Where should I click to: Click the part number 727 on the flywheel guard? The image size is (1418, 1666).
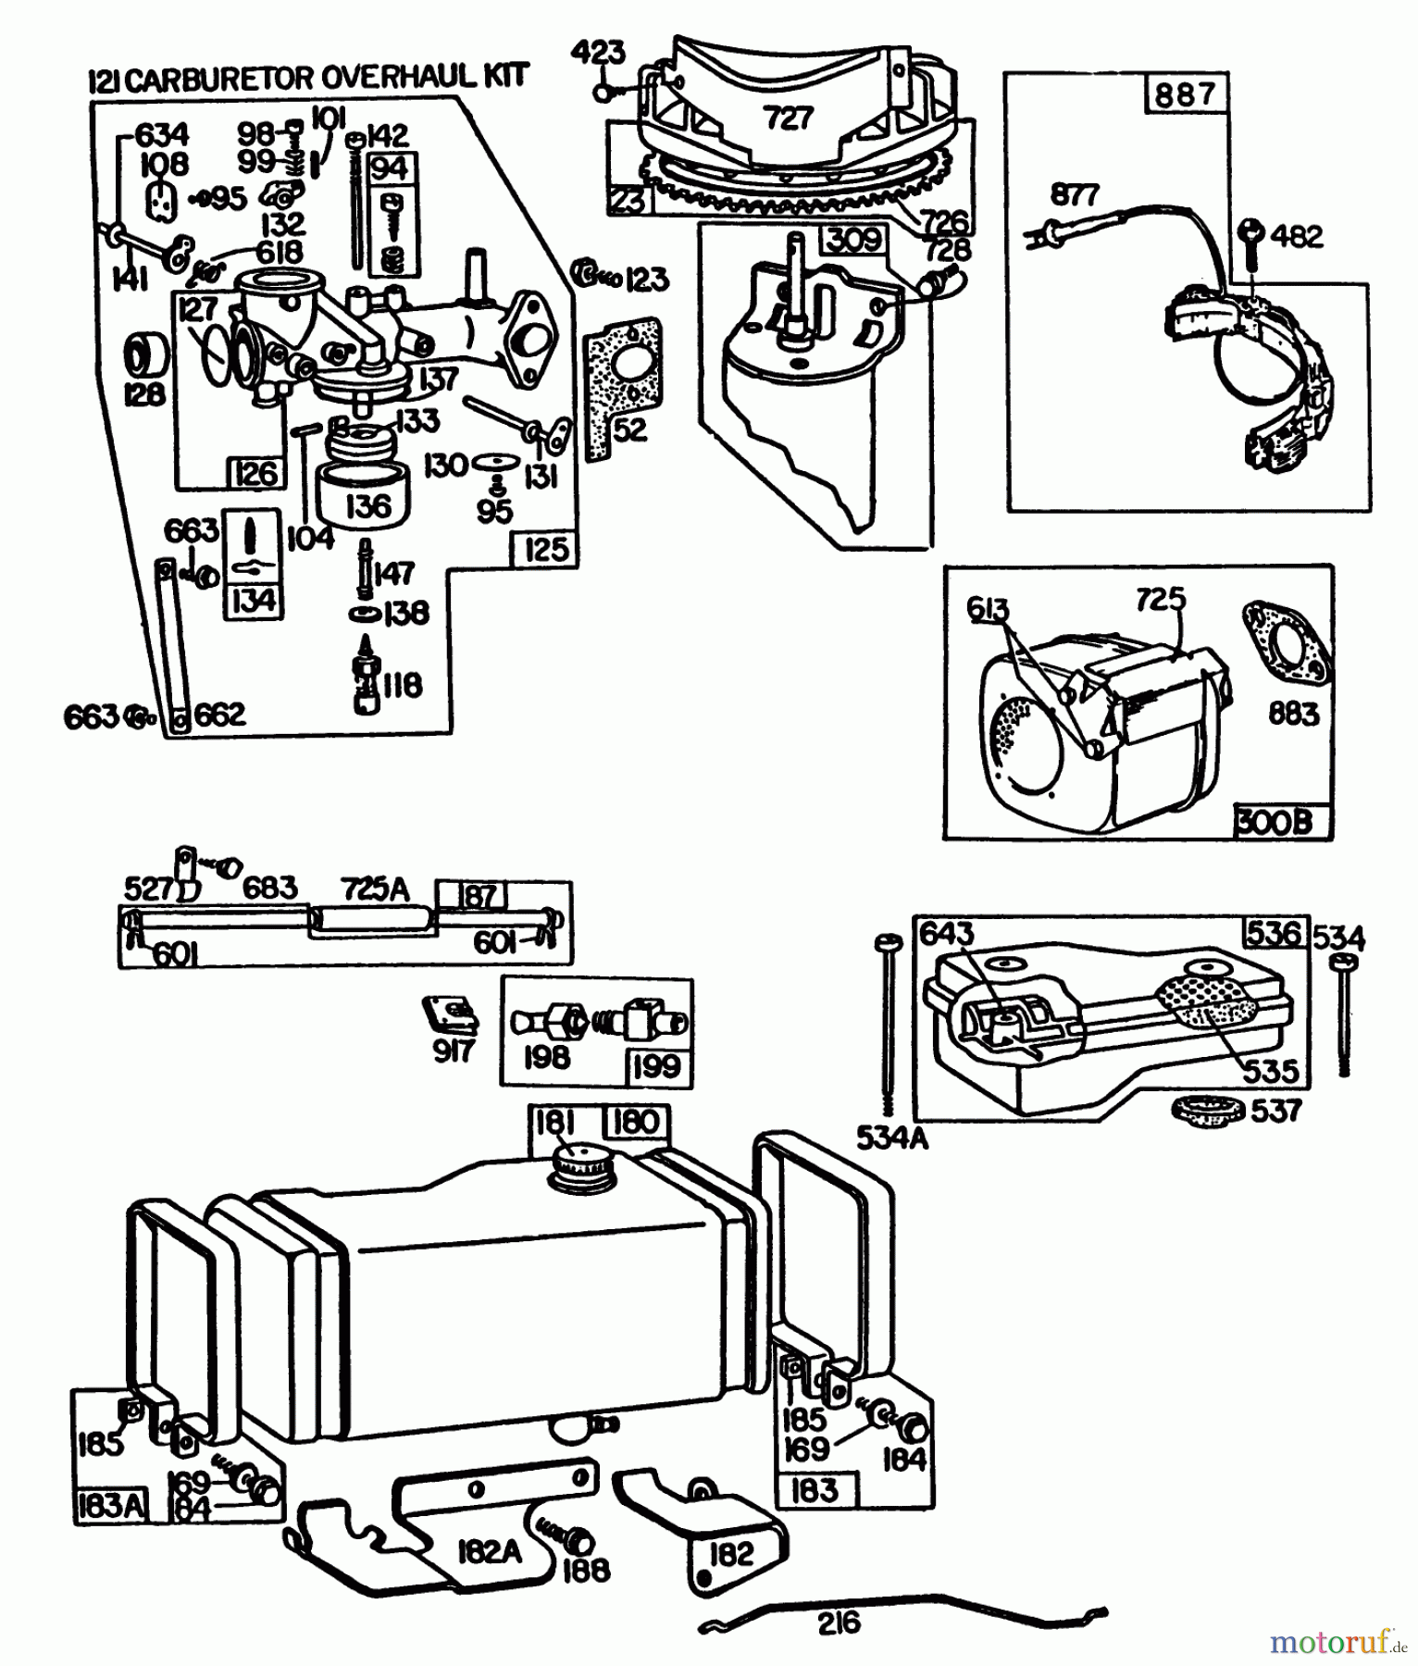point(789,118)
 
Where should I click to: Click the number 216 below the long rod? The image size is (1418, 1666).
point(839,1622)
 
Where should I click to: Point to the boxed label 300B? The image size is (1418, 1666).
point(1275,822)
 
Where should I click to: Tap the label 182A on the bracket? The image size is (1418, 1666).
point(490,1552)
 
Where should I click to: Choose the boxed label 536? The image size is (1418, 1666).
point(1274,933)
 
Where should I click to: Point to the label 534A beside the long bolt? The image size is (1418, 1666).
point(890,1138)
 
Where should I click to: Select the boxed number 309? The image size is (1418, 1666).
point(854,240)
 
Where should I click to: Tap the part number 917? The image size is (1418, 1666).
point(453,1050)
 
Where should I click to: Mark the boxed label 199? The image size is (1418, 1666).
point(656,1065)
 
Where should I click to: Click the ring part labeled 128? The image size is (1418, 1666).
point(146,355)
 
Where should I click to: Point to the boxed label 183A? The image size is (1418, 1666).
point(109,1506)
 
